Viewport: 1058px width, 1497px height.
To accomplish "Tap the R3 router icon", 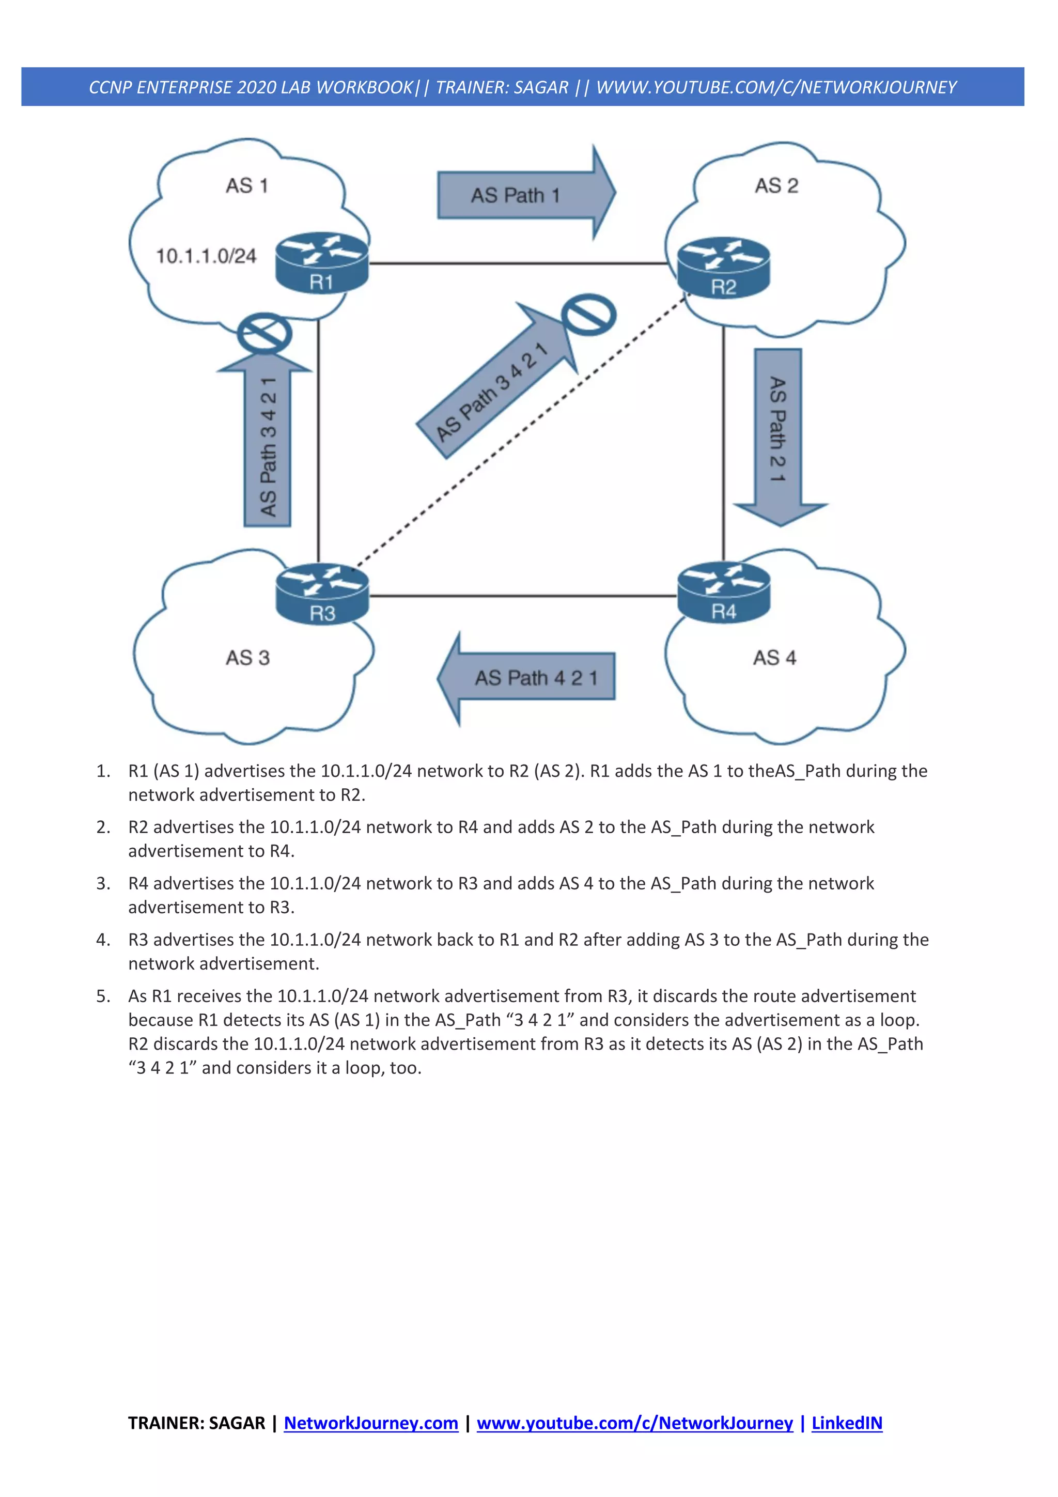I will [x=322, y=594].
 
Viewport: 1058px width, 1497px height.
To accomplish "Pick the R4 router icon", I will [x=724, y=592].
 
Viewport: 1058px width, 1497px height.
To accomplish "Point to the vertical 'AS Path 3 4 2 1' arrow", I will [x=267, y=443].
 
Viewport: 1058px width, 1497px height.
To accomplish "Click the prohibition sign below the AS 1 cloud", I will [x=264, y=334].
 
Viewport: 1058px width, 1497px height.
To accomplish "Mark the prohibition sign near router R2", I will [x=588, y=314].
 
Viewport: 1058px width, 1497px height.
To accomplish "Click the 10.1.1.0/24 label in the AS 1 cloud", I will [x=206, y=256].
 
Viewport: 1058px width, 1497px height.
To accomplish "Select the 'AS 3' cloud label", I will [x=248, y=657].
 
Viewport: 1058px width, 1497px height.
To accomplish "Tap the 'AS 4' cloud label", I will [x=774, y=657].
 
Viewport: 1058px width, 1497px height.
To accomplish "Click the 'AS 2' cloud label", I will [x=776, y=186].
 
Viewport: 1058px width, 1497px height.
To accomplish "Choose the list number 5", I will [x=103, y=996].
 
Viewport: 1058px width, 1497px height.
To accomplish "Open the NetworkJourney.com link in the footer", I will [x=371, y=1423].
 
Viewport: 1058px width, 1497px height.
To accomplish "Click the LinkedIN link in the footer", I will [x=846, y=1423].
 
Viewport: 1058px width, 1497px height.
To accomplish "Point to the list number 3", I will [x=103, y=883].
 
